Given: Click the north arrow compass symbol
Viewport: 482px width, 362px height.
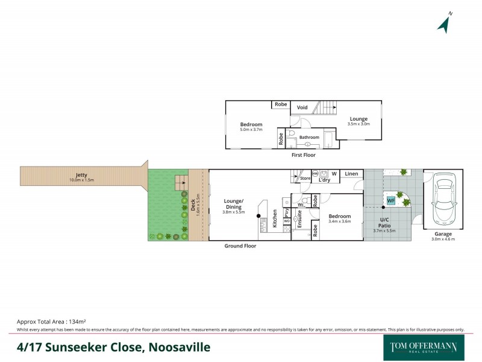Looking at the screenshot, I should (x=445, y=24).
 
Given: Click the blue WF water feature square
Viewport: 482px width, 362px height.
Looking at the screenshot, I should (x=391, y=200).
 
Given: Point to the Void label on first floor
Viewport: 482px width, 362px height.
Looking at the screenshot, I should (x=302, y=107).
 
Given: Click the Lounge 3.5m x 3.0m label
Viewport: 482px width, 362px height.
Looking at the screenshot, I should (x=358, y=121).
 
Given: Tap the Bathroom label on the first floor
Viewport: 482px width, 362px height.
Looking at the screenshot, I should (x=310, y=138).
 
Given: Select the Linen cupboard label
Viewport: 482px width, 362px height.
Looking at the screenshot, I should (x=352, y=174).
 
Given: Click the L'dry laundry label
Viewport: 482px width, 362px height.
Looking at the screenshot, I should (x=324, y=180).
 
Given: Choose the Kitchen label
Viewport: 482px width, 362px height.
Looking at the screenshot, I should (x=275, y=217).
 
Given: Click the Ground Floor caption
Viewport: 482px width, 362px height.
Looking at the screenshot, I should (x=240, y=246).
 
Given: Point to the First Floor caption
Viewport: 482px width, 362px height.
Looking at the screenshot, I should (x=303, y=155).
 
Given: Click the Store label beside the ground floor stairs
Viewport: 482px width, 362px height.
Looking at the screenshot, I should (x=305, y=179).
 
